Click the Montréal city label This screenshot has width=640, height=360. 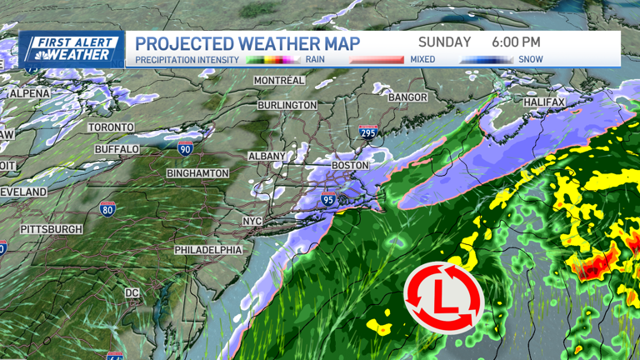279,80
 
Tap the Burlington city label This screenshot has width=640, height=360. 287,105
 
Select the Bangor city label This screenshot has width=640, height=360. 407,97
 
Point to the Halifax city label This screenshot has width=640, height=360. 544,102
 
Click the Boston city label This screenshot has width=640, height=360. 350,165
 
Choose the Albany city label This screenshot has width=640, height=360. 267,156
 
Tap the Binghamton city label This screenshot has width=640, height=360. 197,172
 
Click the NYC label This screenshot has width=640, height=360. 252,221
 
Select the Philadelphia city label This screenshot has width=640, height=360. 208,250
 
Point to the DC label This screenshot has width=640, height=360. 132,293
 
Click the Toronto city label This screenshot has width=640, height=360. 111,127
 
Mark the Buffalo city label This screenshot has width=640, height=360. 117,148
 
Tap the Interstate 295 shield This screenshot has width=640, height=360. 367,131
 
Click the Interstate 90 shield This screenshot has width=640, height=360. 185,148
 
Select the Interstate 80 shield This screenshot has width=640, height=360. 107,207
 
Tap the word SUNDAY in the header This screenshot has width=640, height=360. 444,42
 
